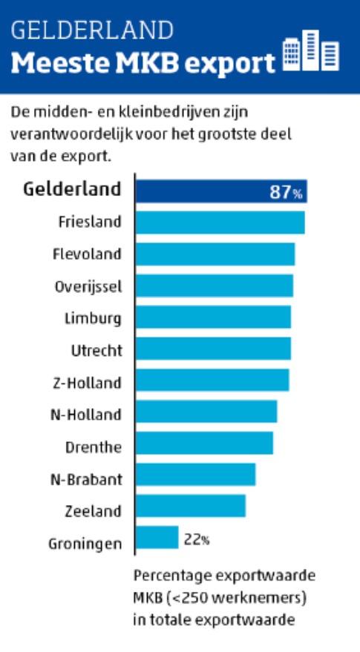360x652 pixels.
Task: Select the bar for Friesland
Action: tap(220, 222)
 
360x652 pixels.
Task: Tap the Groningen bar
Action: tap(157, 537)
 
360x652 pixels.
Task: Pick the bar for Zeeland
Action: tap(191, 506)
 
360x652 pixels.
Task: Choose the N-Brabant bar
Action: tap(196, 474)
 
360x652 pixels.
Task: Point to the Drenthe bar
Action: tap(204, 443)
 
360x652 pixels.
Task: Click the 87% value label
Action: tap(286, 194)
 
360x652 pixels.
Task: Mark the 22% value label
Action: tap(196, 539)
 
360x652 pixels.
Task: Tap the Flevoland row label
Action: tap(87, 254)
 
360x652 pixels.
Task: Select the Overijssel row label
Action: tap(88, 286)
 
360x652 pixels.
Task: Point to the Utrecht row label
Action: tap(96, 349)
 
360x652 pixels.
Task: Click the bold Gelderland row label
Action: tap(72, 188)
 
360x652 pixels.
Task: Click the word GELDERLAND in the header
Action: tap(92, 30)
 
